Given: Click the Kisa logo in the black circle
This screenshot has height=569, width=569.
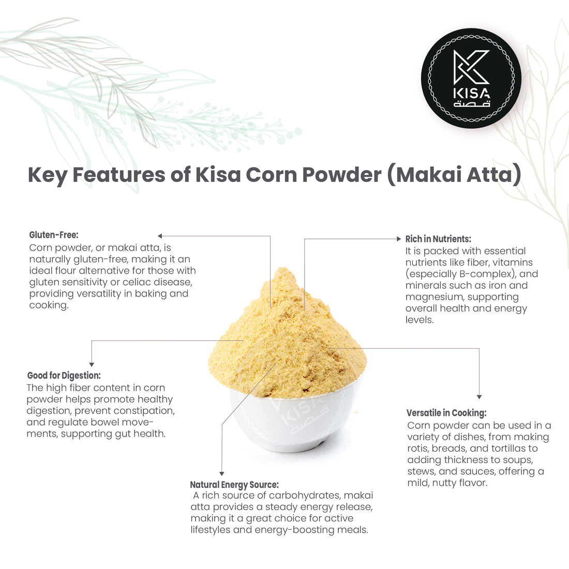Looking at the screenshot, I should point(471,78).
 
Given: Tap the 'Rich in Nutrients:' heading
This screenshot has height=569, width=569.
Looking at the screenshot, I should point(438,239).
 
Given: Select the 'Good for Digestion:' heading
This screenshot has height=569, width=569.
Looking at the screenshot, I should point(64,376).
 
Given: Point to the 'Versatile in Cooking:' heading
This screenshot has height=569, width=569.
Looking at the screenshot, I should point(446,413).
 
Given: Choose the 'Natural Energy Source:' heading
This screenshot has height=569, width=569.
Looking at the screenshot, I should point(234,485).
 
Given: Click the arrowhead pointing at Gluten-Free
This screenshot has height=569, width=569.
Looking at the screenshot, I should point(160,236).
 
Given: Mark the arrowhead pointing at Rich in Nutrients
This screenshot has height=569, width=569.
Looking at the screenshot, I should point(398,239).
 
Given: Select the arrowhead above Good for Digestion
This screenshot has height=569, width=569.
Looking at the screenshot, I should point(92,364).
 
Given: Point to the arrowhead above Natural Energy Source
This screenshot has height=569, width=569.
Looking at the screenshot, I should point(222,473).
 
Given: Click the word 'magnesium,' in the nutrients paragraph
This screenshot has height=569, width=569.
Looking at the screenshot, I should point(433,297).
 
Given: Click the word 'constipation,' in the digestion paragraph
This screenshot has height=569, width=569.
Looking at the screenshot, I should point(143,411).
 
